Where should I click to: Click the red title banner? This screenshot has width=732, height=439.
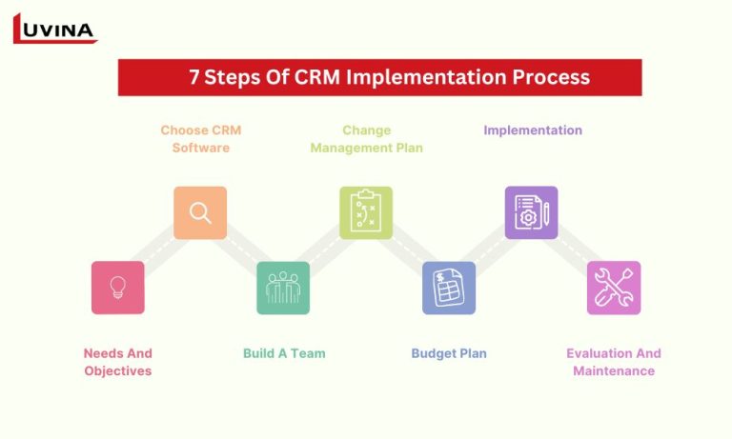379,77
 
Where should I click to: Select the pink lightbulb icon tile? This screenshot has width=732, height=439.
118,288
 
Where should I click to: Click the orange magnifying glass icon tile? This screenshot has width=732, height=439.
200,212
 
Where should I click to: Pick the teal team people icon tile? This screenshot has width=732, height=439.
283,288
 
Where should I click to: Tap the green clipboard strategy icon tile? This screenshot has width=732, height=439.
366,212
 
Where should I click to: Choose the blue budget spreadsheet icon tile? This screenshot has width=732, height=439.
449,288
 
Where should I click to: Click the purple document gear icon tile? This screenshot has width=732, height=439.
531,212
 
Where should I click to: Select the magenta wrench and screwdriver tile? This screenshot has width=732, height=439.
614,288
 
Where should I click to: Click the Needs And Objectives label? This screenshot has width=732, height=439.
118,362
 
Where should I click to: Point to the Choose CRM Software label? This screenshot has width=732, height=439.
201,139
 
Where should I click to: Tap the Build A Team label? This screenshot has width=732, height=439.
284,353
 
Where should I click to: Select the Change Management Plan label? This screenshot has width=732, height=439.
366,139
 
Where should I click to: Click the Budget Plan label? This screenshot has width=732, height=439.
449,353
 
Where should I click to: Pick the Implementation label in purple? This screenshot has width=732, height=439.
532,130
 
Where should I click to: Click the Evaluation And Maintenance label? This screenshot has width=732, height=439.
614,362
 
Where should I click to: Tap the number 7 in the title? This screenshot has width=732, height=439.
194,77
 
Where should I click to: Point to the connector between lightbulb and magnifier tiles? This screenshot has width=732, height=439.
159,250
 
